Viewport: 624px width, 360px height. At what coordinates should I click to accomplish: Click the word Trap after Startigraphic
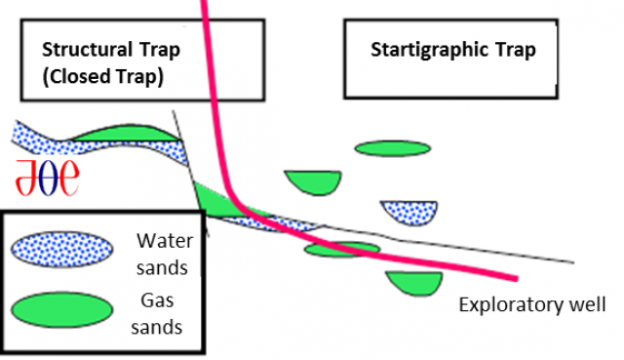513,50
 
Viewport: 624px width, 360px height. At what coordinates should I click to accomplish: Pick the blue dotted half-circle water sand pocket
407,211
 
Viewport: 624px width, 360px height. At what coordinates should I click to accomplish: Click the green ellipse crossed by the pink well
341,250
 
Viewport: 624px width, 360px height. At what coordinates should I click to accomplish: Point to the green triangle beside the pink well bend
214,198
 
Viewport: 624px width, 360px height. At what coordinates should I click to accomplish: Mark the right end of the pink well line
515,277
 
